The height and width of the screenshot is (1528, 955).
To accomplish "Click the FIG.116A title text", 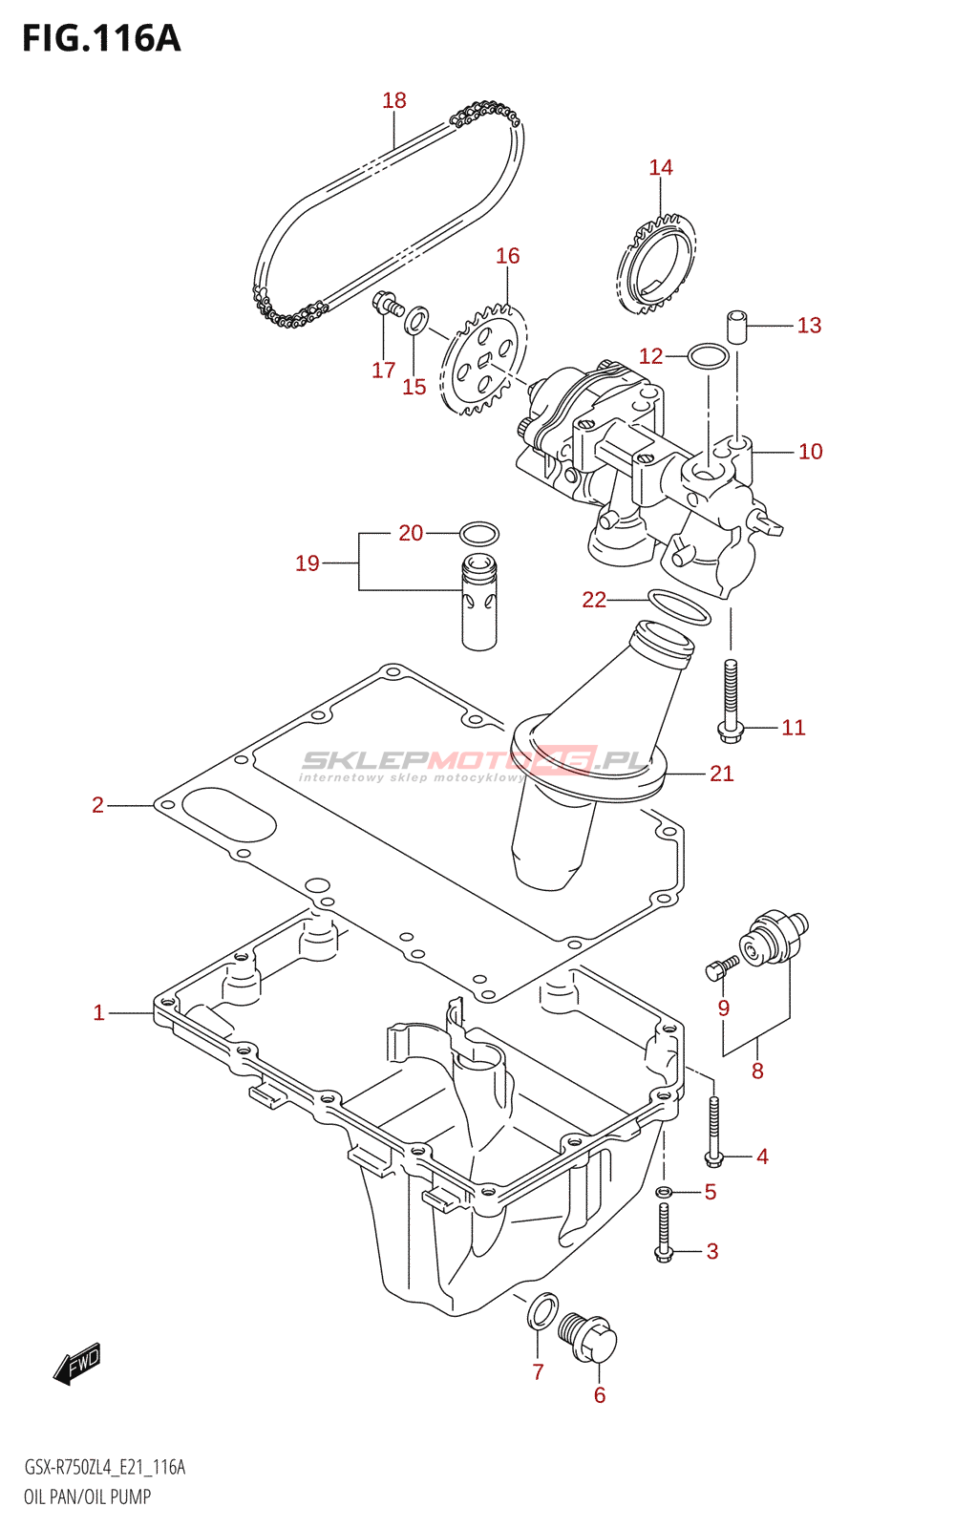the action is click(101, 38).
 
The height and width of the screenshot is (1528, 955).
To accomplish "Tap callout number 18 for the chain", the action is click(394, 101).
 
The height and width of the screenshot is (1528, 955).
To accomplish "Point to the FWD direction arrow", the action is click(77, 1363).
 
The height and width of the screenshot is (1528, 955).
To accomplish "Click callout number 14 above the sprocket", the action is click(661, 168).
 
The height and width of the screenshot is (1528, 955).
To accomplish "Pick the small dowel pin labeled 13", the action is click(735, 327).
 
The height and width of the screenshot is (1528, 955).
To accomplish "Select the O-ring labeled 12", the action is click(709, 356).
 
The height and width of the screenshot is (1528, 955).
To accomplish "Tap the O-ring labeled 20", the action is click(478, 534).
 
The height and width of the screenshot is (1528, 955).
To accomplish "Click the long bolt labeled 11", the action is click(730, 701).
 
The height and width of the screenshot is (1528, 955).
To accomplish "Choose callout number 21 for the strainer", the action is click(722, 774).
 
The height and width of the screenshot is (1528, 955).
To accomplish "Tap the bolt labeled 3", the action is click(664, 1233).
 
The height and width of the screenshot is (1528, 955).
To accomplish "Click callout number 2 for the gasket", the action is click(98, 806).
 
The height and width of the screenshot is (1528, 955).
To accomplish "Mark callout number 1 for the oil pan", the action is click(99, 1013).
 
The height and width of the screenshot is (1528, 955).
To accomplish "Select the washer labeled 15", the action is click(417, 321).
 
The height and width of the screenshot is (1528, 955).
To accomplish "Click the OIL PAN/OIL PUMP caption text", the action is click(87, 1496).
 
